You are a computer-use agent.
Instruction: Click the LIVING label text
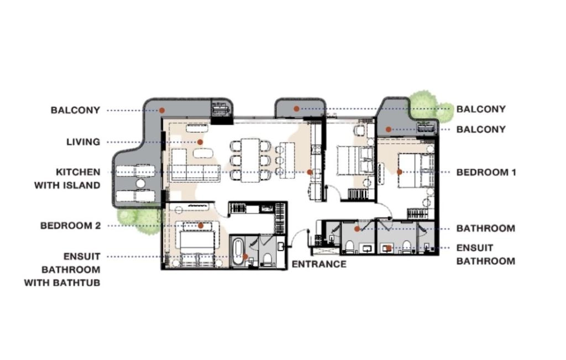(x=83, y=142)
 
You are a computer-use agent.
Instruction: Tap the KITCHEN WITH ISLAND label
(x=67, y=178)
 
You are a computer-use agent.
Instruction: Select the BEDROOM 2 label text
(x=70, y=226)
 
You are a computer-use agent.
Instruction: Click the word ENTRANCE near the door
(x=319, y=264)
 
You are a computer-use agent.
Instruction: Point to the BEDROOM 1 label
(x=486, y=173)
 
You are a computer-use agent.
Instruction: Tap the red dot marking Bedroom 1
(x=400, y=172)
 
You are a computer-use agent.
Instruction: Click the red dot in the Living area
(x=201, y=142)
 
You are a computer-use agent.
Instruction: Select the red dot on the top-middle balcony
(x=296, y=109)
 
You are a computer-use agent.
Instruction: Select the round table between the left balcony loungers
(x=140, y=183)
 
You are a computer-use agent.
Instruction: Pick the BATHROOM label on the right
(x=485, y=228)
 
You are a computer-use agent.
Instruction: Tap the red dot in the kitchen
(x=310, y=172)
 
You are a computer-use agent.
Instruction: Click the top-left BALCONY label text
(x=76, y=110)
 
